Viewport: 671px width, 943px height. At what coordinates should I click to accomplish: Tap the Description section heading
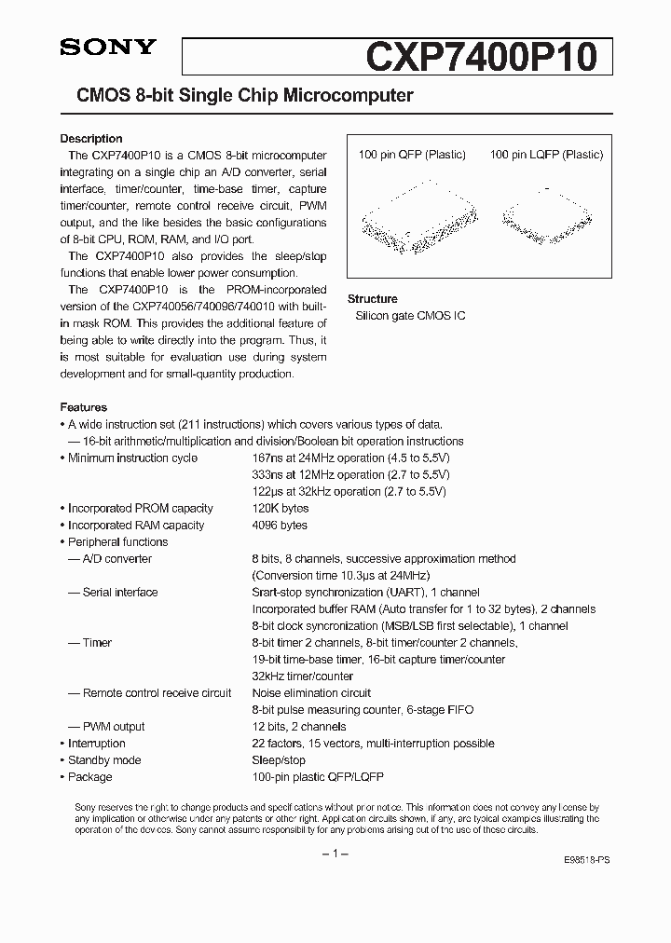tap(91, 139)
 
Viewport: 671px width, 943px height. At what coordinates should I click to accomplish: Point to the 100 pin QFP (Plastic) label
tap(412, 155)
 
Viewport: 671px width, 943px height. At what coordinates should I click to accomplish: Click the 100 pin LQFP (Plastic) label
tap(546, 155)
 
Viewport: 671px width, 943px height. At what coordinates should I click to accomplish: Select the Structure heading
tap(372, 299)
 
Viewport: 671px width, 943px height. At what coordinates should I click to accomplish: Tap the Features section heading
tap(84, 407)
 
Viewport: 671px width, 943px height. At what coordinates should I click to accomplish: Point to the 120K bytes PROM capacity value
tap(281, 508)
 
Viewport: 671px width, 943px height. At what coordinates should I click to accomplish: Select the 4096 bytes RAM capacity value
tap(280, 525)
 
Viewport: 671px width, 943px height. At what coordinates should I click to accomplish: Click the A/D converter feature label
tap(116, 558)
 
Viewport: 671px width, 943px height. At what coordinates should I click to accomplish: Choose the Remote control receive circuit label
tap(157, 692)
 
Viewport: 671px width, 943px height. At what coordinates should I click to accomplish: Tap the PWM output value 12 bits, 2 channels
tap(299, 726)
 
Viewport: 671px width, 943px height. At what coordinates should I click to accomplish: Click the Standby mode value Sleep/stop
tap(279, 759)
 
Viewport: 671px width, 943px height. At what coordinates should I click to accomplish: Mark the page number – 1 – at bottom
tap(335, 854)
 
